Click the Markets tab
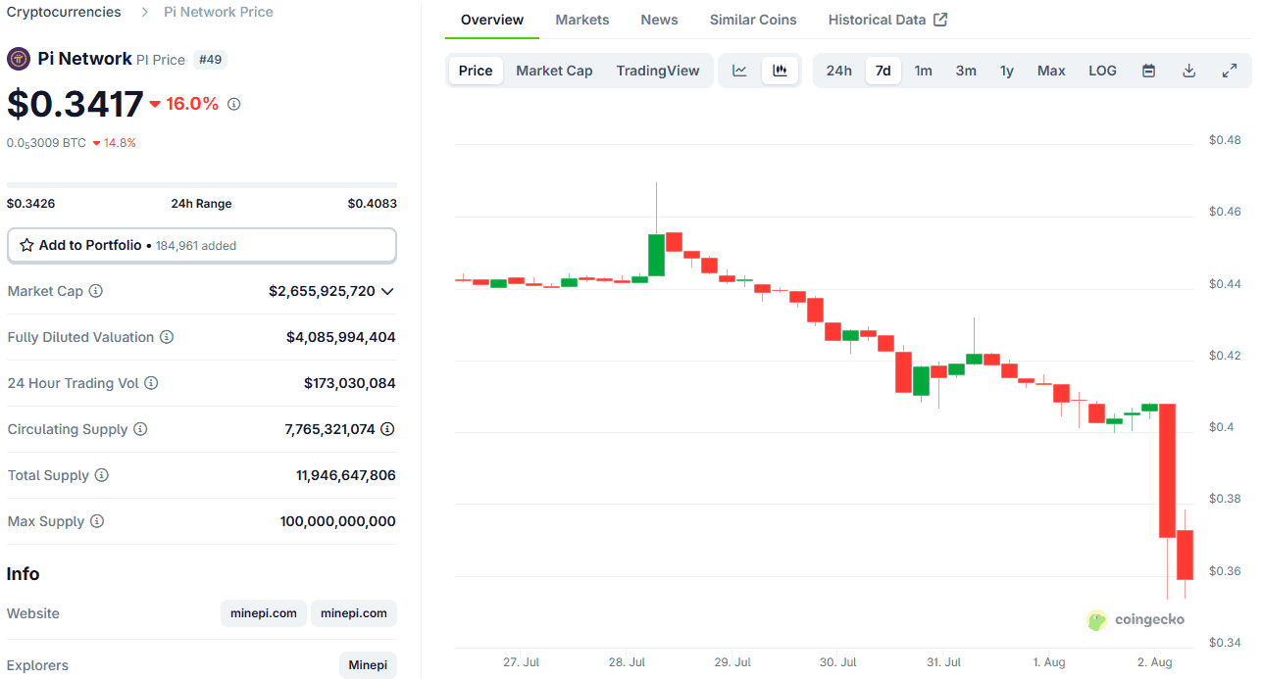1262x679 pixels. point(581,20)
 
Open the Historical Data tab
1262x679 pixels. point(886,20)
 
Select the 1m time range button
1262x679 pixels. point(923,71)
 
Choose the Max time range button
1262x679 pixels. point(1051,71)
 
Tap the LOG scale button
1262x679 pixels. point(1102,71)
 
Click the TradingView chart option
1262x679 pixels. point(658,71)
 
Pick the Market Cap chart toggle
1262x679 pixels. point(554,71)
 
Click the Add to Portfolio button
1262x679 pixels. point(201,245)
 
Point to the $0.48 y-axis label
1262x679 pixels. point(1224,140)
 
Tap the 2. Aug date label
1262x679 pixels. point(1154,662)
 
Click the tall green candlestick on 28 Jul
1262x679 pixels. point(657,255)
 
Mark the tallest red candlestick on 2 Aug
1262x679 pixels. point(1167,470)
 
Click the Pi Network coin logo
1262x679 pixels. point(19,59)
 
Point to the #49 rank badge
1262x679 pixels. point(210,60)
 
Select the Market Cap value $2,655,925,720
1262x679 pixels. point(322,291)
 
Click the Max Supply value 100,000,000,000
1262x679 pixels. point(337,521)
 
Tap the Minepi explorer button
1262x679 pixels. point(368,665)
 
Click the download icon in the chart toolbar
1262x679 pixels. point(1188,71)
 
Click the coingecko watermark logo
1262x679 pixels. point(1136,619)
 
